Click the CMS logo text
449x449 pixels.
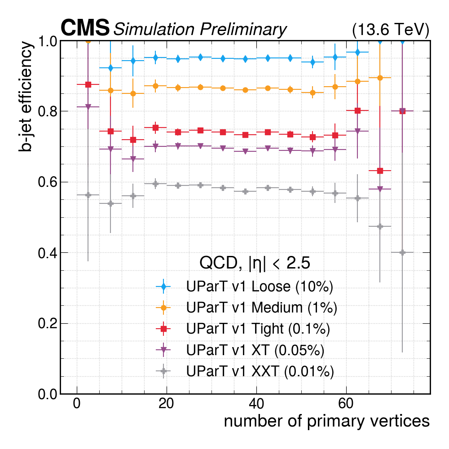coord(85,28)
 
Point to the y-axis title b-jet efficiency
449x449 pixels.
coord(26,97)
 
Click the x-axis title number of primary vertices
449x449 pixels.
coord(326,421)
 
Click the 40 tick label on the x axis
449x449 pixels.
coord(256,404)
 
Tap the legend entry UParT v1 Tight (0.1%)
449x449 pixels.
coord(258,329)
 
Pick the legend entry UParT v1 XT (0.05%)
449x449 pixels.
coord(255,350)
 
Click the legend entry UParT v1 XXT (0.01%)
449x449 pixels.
coord(260,371)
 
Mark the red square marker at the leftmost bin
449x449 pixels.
coord(88,84)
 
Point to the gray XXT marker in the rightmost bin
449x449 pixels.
coord(402,252)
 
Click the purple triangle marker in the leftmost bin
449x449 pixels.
coord(88,107)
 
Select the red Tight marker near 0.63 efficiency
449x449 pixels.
coord(380,171)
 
